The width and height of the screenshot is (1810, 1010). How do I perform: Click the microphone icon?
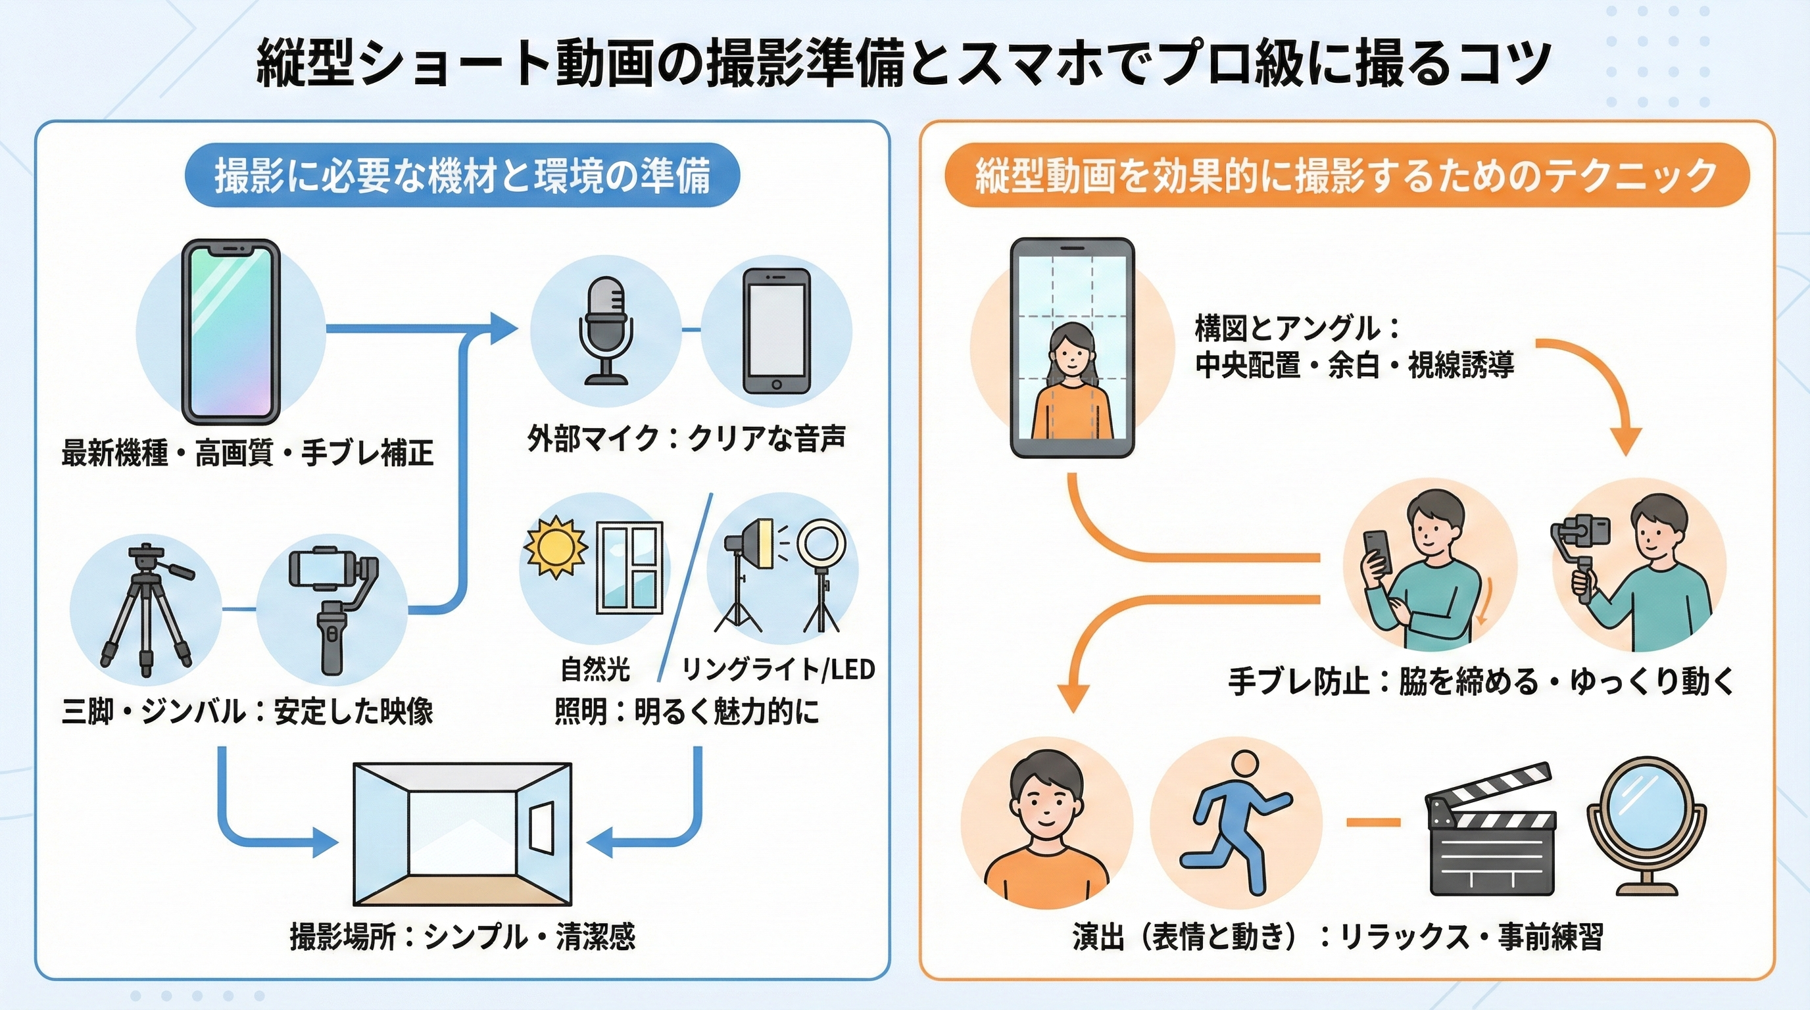pyautogui.click(x=606, y=330)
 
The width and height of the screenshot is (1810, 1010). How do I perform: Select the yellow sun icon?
pyautogui.click(x=555, y=547)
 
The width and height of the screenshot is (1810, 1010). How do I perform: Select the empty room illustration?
pyautogui.click(x=462, y=834)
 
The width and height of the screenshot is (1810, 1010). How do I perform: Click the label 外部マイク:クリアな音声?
pyautogui.click(x=686, y=439)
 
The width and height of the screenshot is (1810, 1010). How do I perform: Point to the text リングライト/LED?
pyautogui.click(x=778, y=669)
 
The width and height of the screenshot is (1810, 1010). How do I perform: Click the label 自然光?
pyautogui.click(x=595, y=669)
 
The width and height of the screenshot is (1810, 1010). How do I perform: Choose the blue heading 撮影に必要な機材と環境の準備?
pyautogui.click(x=462, y=176)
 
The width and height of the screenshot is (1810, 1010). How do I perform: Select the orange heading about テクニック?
pyautogui.click(x=1346, y=176)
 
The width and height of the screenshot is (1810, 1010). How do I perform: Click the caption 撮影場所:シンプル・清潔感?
pyautogui.click(x=462, y=937)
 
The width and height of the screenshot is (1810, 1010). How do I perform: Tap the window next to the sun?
pyautogui.click(x=629, y=567)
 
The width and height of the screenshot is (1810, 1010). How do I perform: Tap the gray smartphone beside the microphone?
pyautogui.click(x=775, y=331)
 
